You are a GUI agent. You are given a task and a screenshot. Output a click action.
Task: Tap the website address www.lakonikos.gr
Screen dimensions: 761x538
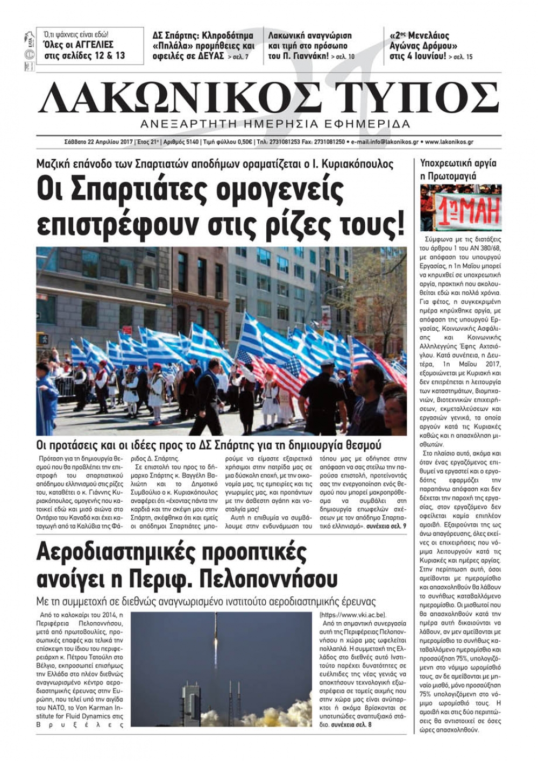pyautogui.click(x=449, y=142)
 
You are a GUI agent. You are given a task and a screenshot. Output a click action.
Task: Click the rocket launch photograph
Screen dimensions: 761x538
pyautogui.click(x=221, y=669)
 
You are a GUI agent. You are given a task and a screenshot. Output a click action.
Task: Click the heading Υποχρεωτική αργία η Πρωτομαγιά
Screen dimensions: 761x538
pyautogui.click(x=458, y=169)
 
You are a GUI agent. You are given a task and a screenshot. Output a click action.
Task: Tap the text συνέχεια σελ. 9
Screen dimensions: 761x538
pyautogui.click(x=386, y=527)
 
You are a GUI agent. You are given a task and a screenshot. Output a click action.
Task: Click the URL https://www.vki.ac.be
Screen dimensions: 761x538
pyautogui.click(x=353, y=615)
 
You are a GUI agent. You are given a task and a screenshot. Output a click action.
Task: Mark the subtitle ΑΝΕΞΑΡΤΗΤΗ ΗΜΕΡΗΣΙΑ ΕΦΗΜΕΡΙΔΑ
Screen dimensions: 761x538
pyautogui.click(x=274, y=124)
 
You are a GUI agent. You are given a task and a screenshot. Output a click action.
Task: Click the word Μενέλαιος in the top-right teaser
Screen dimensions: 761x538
pyautogui.click(x=427, y=36)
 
